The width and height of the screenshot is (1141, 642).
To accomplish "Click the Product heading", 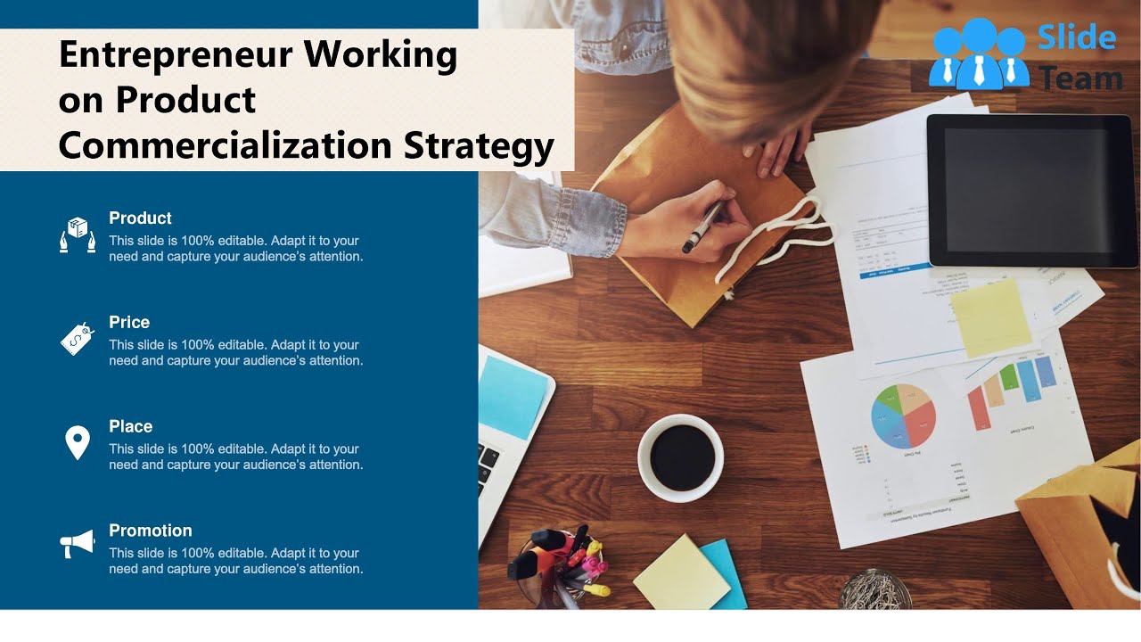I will [x=140, y=218].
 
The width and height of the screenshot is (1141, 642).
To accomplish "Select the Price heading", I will [x=129, y=323].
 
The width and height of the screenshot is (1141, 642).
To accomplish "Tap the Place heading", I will [x=130, y=427].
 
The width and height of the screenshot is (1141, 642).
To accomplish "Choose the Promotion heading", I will [x=150, y=531].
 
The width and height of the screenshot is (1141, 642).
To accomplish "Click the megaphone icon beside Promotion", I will [x=77, y=543].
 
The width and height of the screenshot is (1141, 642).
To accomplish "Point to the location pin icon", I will [x=78, y=442].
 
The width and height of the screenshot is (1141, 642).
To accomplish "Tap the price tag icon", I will [x=77, y=339].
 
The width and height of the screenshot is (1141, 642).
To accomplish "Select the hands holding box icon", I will [x=78, y=235].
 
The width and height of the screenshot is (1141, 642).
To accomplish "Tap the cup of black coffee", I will [x=681, y=457].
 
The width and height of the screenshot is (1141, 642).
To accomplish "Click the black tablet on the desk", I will [x=1031, y=189].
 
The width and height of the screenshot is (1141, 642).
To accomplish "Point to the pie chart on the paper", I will [x=903, y=416].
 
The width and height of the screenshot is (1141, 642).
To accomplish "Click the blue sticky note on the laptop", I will [x=512, y=396].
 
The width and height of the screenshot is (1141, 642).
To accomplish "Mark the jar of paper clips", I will [x=874, y=590].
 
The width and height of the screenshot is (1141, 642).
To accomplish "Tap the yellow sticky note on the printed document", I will [x=990, y=317].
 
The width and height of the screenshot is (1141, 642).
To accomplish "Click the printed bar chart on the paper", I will [x=1013, y=391].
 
